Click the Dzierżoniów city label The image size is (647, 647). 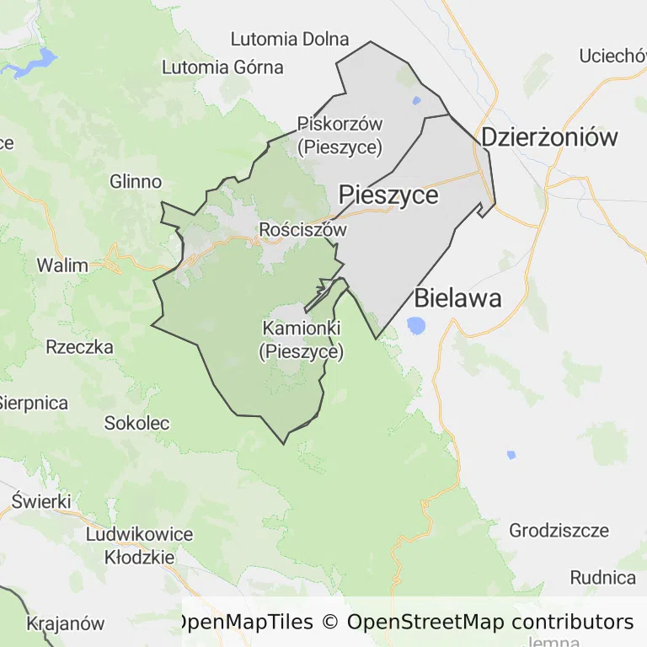pos(549,137)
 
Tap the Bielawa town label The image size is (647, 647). pos(457,297)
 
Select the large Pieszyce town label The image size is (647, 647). pos(388,195)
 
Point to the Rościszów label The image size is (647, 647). pos(303,229)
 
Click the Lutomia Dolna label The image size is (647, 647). pos(290,39)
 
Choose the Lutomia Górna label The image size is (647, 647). pos(222,67)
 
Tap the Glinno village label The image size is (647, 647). pos(136,181)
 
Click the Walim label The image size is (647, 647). pos(61,265)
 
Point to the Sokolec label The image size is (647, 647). pos(136,423)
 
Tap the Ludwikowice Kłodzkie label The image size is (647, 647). pos(139,545)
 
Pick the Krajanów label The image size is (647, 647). pos(66,624)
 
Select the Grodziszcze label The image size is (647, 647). pos(559,531)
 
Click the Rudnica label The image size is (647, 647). pos(602,578)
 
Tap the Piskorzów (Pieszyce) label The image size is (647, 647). pos(340,136)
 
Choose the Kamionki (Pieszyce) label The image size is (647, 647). pos(302,340)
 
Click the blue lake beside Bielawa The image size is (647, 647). pos(415,325)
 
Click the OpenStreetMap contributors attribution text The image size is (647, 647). pos(490,622)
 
